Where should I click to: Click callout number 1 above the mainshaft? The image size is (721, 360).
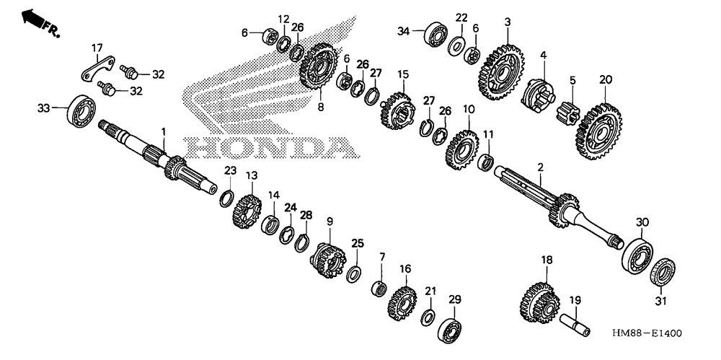point(164,132)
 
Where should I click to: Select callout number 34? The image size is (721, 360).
point(403,30)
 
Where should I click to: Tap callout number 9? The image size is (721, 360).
point(329,221)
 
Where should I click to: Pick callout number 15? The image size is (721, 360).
point(402,74)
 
